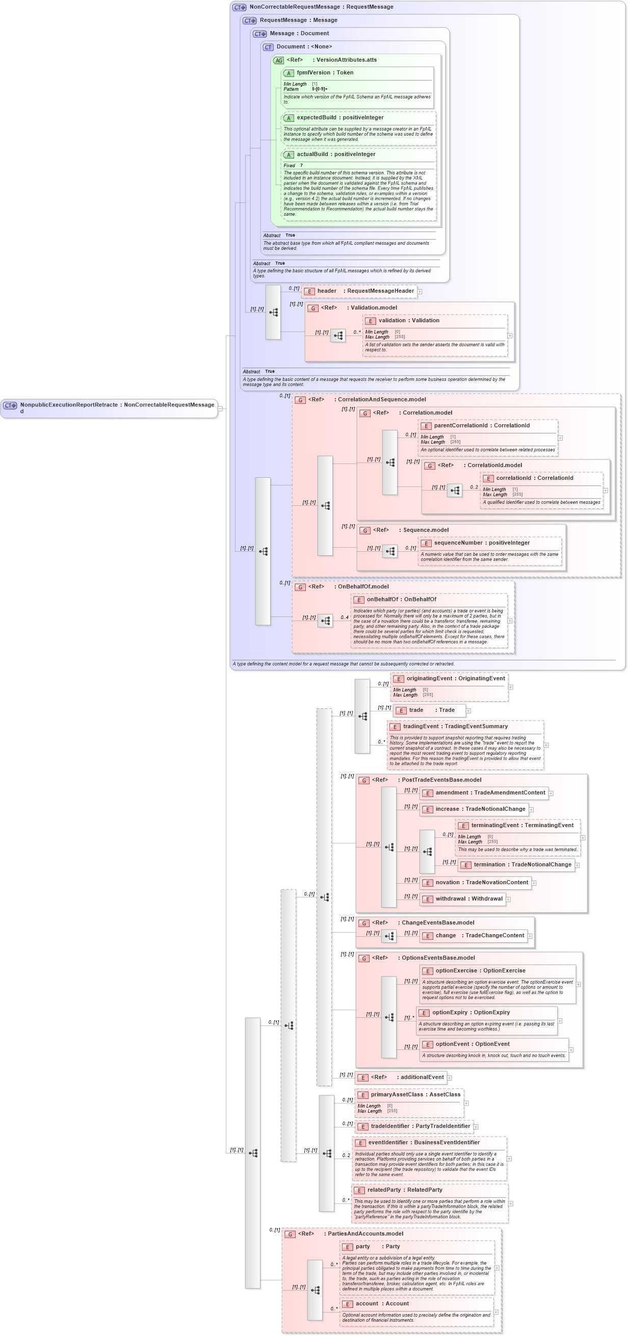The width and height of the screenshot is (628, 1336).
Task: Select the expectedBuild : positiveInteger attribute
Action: click(339, 118)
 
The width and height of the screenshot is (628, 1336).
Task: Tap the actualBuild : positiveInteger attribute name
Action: click(335, 155)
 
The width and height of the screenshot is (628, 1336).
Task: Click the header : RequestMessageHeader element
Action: click(365, 291)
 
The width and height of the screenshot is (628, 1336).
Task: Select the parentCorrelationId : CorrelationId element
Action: click(481, 426)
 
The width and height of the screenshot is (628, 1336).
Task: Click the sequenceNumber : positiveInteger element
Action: click(481, 543)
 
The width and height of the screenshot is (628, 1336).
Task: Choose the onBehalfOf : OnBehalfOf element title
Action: click(401, 600)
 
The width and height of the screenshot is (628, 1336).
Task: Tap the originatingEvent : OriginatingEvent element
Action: click(455, 679)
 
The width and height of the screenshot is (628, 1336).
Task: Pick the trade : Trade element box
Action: click(431, 710)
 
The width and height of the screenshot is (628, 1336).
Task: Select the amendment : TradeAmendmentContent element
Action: click(489, 793)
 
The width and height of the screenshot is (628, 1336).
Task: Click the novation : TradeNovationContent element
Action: click(481, 883)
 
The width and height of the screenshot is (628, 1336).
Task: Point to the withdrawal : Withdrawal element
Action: click(468, 900)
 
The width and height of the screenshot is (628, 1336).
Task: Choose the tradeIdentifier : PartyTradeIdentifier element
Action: click(420, 1126)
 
